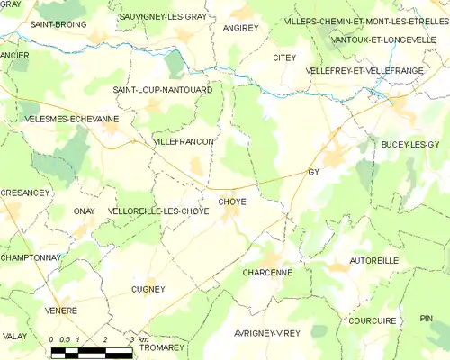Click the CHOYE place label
[x=231, y=202]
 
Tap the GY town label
[x=314, y=171]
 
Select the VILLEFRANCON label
[x=184, y=142]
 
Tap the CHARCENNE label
[x=267, y=271]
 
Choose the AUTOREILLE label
[x=374, y=260]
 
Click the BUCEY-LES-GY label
[x=410, y=144]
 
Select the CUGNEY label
[x=148, y=289]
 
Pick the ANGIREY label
[x=240, y=28]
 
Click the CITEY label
[x=284, y=58]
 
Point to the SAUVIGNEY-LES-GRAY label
[x=163, y=16]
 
